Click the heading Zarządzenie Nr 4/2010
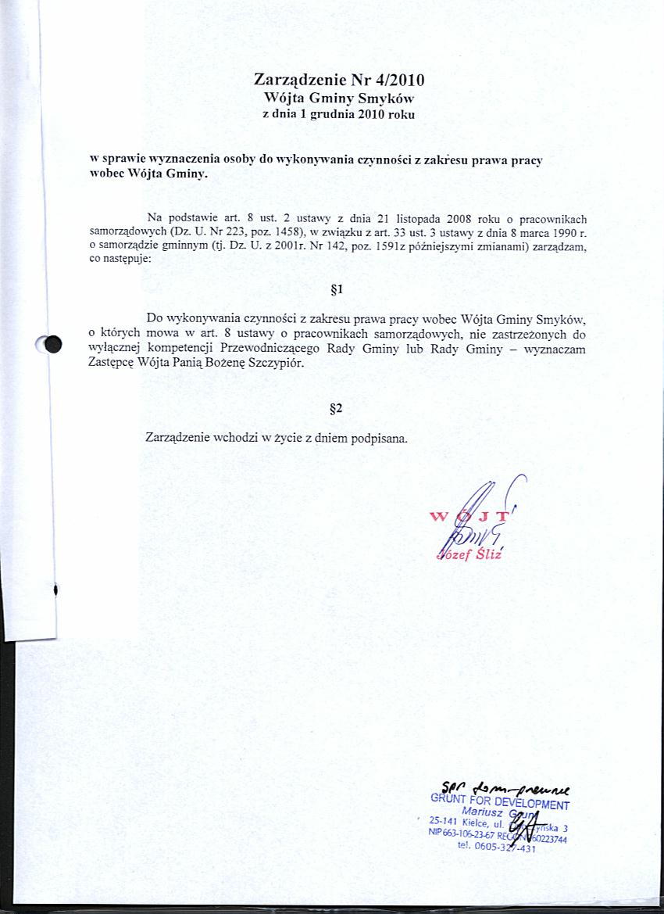[339, 80]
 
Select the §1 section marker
[337, 290]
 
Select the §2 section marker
[337, 408]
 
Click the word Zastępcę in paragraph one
[112, 364]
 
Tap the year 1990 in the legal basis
[556, 233]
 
